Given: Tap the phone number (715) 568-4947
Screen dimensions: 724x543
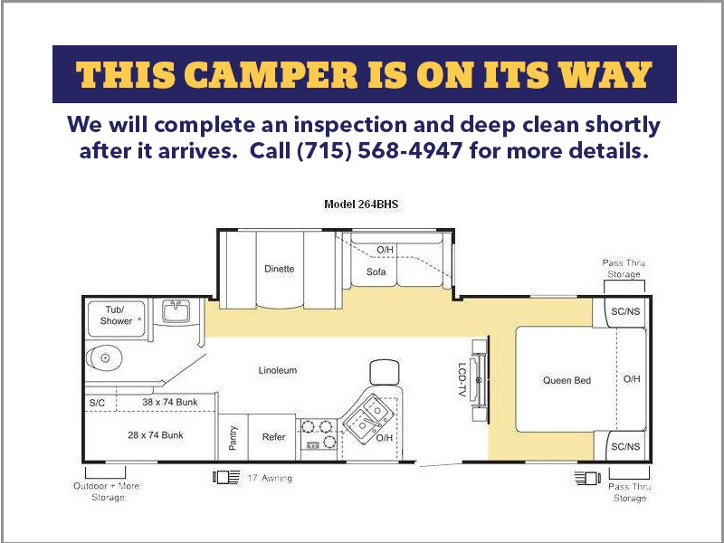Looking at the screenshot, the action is (379, 150).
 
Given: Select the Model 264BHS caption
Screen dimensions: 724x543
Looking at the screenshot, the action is (360, 205).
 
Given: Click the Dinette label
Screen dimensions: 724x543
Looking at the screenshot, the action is (280, 269).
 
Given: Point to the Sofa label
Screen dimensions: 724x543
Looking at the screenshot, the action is (376, 272).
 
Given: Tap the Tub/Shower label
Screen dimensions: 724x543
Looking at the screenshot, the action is (116, 315).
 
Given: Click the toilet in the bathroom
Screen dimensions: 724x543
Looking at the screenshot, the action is (103, 357).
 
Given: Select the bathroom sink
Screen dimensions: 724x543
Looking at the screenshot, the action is (176, 310).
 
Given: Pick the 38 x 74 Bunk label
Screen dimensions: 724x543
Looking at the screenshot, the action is (170, 402).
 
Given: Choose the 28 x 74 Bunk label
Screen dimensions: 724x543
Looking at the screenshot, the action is (156, 435).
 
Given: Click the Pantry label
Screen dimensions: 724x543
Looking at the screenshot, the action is (233, 438).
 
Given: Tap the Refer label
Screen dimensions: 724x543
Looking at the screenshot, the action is (274, 437).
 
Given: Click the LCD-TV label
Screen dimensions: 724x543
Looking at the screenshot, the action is (462, 379).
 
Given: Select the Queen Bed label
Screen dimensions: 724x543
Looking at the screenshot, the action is (567, 380).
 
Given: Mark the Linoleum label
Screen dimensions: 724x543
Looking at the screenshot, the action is (278, 370).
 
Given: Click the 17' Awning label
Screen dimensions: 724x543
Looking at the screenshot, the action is (270, 479).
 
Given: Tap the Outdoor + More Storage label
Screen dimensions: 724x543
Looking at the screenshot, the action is (107, 491).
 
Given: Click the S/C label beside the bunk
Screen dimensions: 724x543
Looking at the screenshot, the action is (97, 403).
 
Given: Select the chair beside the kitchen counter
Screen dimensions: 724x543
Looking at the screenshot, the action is (384, 372).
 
